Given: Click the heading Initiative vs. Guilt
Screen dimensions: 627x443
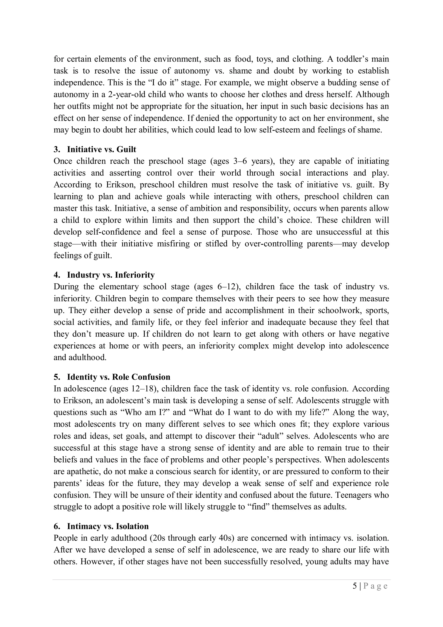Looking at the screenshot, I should pos(101,149).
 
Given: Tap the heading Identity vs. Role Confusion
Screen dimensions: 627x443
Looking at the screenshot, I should pos(119,377).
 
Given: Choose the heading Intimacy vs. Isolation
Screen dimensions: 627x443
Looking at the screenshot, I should pos(108,526).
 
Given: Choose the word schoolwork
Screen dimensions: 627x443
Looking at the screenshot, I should pos(341,310).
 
